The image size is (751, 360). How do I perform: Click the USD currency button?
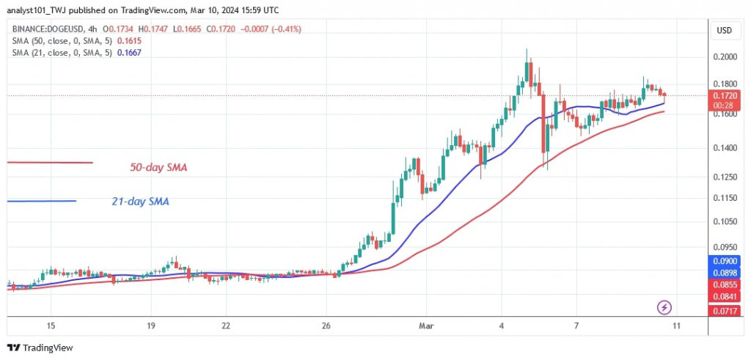pos(724,30)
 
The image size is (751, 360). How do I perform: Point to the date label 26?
pos(327,326)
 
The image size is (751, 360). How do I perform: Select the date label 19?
pos(150,326)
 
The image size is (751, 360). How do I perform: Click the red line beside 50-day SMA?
pos(50,163)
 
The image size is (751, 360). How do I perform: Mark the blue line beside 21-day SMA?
pos(42,201)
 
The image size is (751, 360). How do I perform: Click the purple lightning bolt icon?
pos(664,307)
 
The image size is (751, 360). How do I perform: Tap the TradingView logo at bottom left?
pos(40,348)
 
